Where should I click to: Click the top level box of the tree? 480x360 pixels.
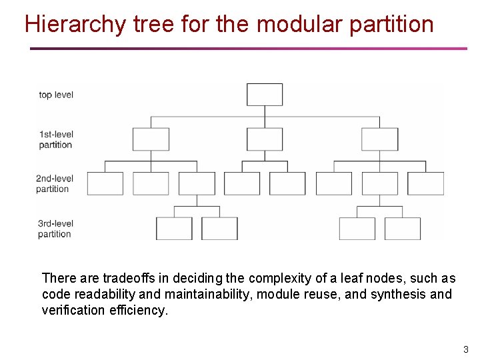click(x=265, y=94)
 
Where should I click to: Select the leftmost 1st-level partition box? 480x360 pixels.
click(x=151, y=139)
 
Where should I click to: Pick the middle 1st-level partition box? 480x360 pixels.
click(x=265, y=139)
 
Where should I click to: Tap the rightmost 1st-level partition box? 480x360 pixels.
click(x=379, y=139)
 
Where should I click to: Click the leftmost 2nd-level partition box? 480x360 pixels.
click(x=105, y=183)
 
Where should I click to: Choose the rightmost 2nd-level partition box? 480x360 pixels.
click(x=425, y=183)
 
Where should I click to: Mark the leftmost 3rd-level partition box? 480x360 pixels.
click(x=174, y=229)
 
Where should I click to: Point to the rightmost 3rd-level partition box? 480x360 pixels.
click(x=403, y=229)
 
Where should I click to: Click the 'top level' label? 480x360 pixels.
click(x=56, y=95)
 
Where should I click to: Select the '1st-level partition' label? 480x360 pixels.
click(x=55, y=139)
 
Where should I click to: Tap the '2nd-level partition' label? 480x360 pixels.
click(x=55, y=183)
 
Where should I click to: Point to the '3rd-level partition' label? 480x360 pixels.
click(x=55, y=229)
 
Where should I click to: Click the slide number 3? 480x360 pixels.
click(x=466, y=349)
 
